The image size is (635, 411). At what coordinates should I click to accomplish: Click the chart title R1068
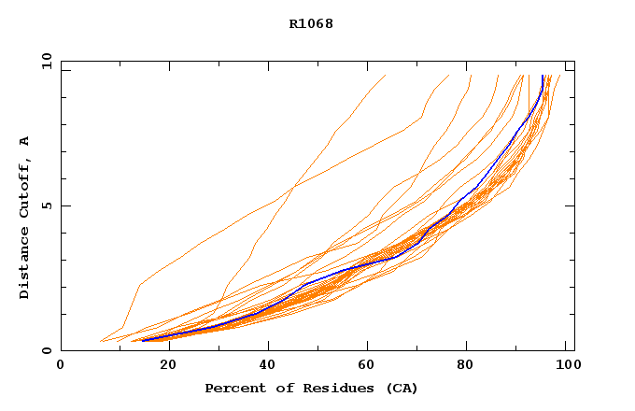coord(311,23)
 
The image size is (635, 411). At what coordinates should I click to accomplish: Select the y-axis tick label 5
coord(46,205)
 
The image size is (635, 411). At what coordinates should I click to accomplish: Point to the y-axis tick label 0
coord(46,350)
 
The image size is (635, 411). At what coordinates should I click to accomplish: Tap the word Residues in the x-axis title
coord(323,388)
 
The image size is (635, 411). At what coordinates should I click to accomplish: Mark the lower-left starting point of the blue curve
coord(142,340)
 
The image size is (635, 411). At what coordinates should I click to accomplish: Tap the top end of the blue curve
coord(543,76)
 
